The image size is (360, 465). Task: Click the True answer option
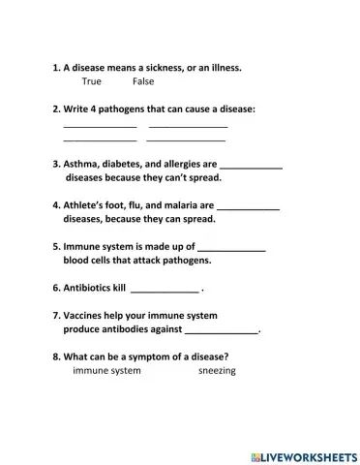(92, 81)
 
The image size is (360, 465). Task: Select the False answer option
(143, 81)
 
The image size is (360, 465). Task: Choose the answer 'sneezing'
(217, 370)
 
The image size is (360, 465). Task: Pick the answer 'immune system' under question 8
(106, 370)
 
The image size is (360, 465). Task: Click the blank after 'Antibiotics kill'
(165, 289)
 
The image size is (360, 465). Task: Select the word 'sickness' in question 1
(165, 68)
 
